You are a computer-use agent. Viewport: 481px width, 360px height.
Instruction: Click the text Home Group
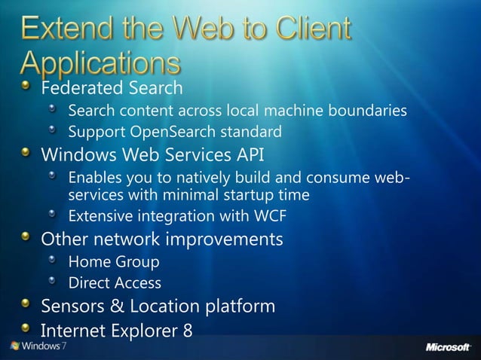point(114,262)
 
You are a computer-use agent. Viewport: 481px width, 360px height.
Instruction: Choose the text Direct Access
point(115,283)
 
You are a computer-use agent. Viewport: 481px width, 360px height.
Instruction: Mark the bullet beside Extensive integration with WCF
point(52,215)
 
